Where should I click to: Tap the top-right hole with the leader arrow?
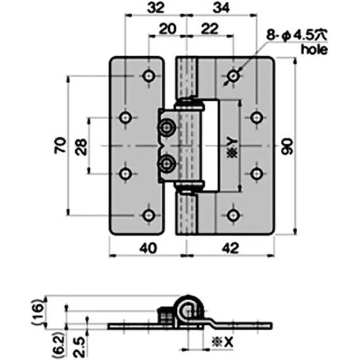pyautogui.click(x=233, y=76)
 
